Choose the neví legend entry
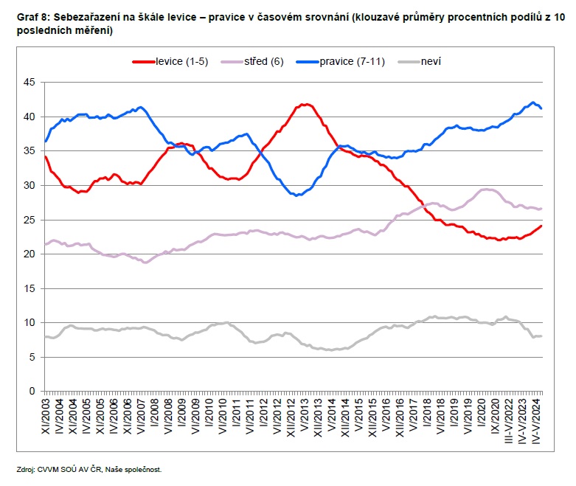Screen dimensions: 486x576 point(431,62)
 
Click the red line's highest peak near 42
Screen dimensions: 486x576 point(305,105)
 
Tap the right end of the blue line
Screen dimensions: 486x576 point(542,108)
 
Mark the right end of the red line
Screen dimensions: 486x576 point(542,226)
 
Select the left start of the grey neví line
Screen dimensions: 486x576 point(46,336)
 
